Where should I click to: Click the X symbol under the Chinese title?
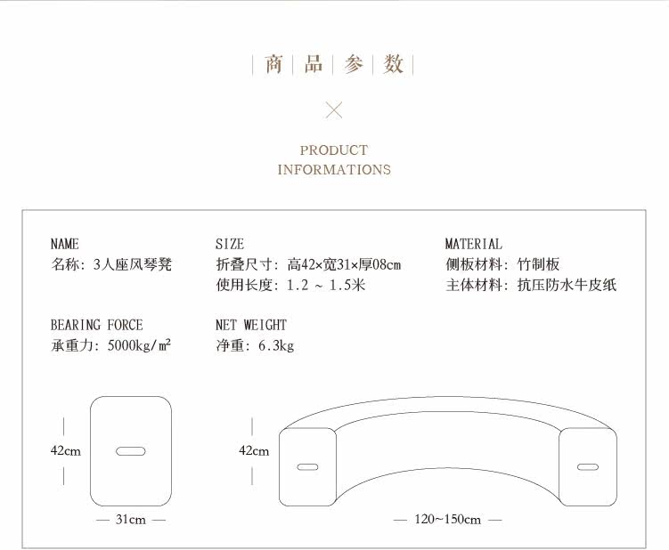tap(334, 110)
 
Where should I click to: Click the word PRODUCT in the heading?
tap(334, 150)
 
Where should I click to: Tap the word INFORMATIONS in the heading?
tap(334, 169)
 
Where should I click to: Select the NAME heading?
tap(65, 244)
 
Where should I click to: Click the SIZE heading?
tap(230, 244)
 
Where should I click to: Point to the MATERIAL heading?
tap(473, 244)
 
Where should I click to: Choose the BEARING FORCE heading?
tap(96, 325)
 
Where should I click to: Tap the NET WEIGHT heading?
tap(251, 325)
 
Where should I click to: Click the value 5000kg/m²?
tap(139, 345)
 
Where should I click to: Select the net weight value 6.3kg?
tap(275, 345)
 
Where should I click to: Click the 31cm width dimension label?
tap(130, 520)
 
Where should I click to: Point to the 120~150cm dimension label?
tap(448, 520)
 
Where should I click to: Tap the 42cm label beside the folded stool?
tap(65, 451)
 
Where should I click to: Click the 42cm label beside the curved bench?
tap(254, 451)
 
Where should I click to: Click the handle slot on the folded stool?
tap(131, 451)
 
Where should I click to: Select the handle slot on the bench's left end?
tap(307, 466)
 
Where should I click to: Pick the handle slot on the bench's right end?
tap(588, 466)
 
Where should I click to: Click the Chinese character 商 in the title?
tap(273, 64)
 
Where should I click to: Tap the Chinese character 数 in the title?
tap(394, 64)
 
